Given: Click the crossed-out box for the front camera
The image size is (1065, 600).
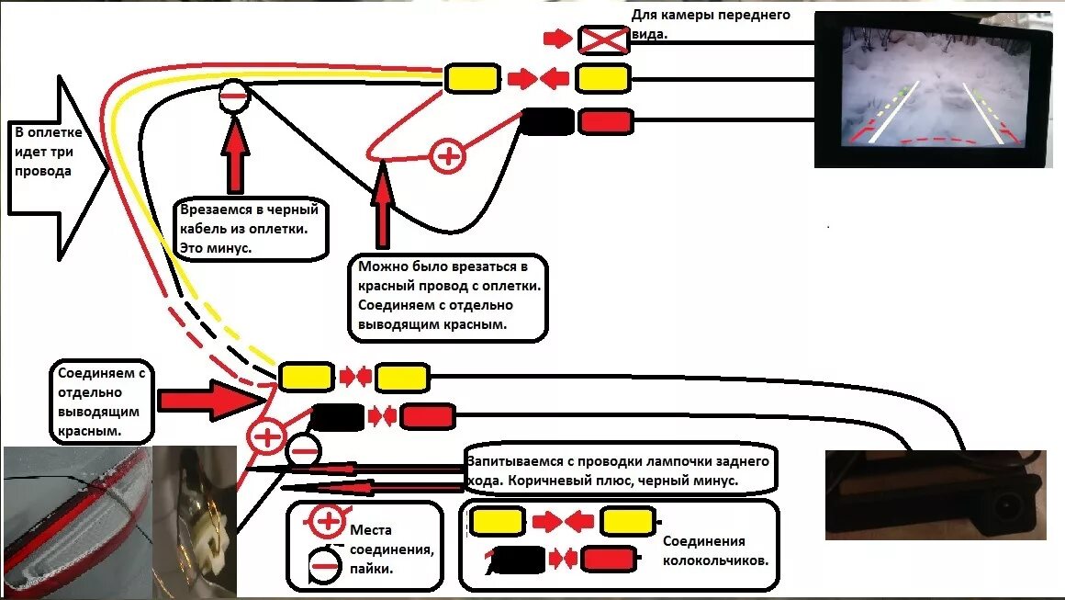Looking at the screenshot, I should click(601, 39).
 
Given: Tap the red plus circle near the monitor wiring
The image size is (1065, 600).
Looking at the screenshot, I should click(448, 156).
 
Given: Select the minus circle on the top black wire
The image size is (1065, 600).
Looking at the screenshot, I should click(234, 95).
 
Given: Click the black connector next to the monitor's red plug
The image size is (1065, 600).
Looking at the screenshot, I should click(547, 121).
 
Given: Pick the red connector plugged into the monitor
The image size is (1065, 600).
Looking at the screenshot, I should click(605, 121).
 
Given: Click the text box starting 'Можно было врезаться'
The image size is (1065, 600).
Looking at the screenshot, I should click(447, 297).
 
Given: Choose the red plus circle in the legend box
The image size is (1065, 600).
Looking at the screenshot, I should click(326, 522).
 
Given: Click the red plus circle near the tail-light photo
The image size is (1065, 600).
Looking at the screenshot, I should click(267, 436).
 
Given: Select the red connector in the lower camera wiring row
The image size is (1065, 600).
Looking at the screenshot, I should click(427, 416).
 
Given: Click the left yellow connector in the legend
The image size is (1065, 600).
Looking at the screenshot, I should click(497, 522).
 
